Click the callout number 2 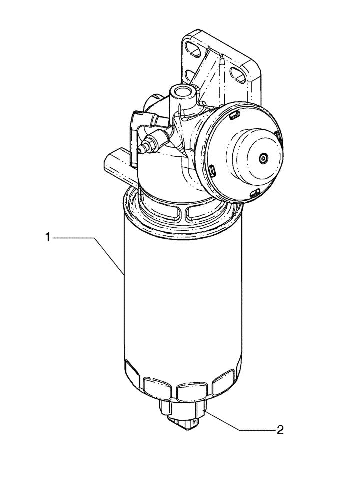280,429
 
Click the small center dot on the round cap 263,158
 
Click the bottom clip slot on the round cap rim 255,193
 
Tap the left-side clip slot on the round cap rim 212,171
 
